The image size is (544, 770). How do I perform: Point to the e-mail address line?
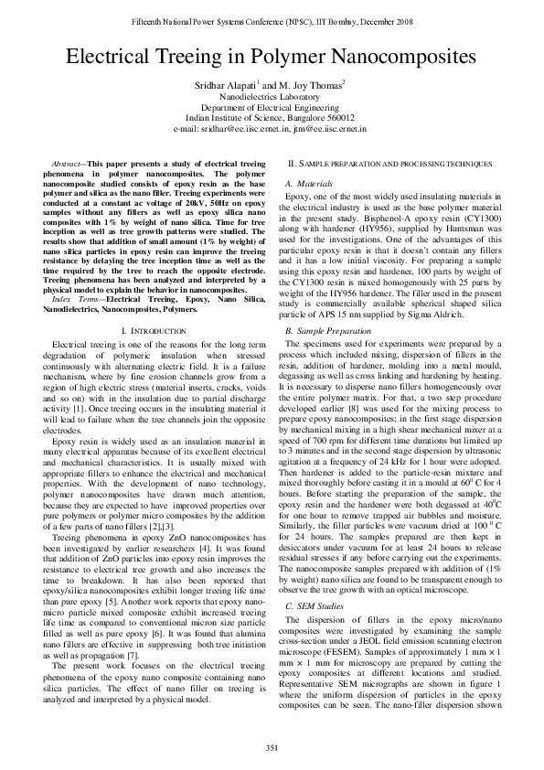click(271, 129)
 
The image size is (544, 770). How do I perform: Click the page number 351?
click(272, 749)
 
